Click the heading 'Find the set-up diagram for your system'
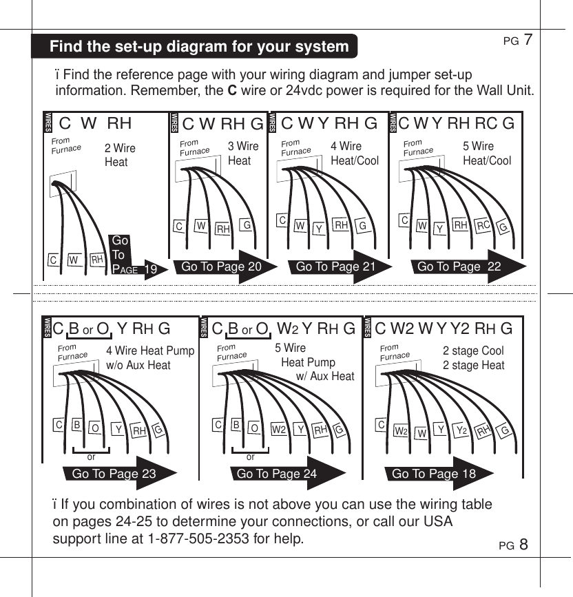click(x=199, y=47)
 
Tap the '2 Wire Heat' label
click(x=120, y=155)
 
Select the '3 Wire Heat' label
click(x=242, y=153)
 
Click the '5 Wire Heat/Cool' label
click(x=488, y=153)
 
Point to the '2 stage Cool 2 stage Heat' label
click(x=473, y=358)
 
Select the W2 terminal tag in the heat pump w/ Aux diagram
click(x=279, y=430)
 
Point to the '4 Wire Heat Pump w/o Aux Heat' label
click(x=150, y=358)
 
